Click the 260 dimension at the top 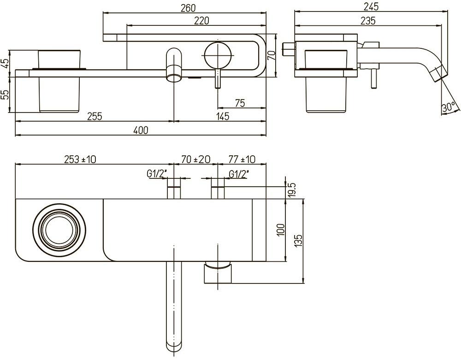click(189, 7)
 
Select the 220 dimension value click(201, 20)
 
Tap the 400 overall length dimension click(141, 130)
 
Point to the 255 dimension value click(95, 116)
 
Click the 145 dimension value click(222, 116)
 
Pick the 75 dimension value click(240, 103)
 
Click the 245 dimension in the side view click(371, 6)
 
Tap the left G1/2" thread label click(157, 173)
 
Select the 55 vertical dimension click(5, 95)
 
